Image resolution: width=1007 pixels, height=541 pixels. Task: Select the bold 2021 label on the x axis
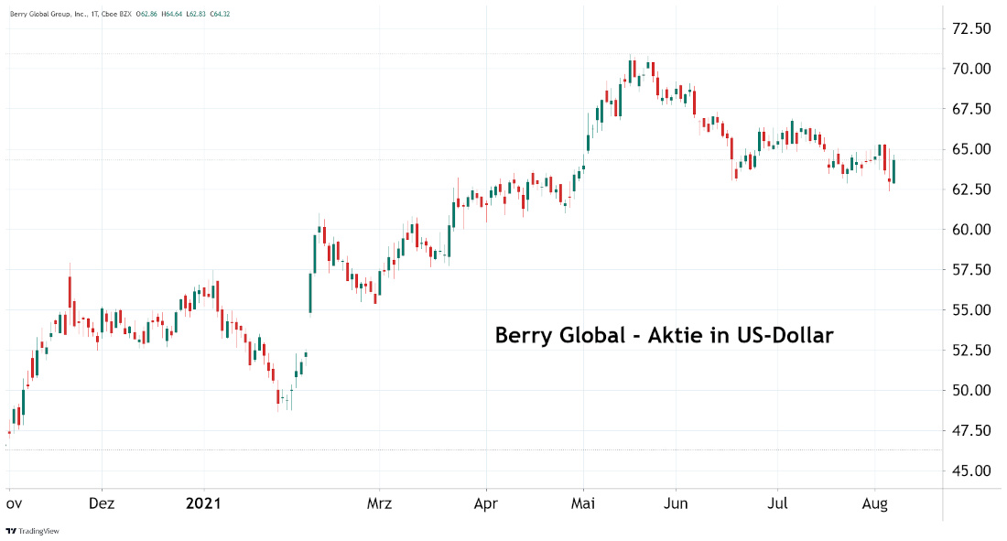(204, 503)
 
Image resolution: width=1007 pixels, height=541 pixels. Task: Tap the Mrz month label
(379, 503)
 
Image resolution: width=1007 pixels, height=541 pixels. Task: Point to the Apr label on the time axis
(486, 503)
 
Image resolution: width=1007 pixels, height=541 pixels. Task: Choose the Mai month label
(583, 503)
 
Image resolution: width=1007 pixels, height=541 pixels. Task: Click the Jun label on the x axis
(677, 503)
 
